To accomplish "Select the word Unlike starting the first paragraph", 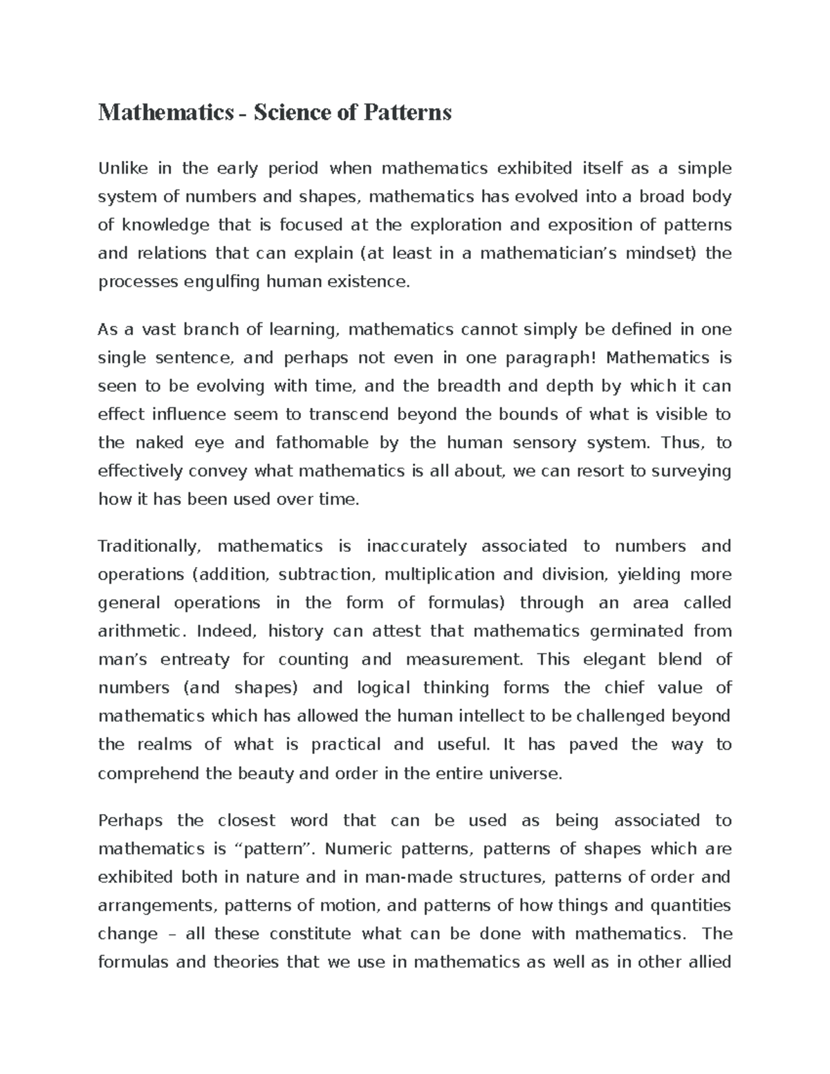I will pos(122,168).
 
